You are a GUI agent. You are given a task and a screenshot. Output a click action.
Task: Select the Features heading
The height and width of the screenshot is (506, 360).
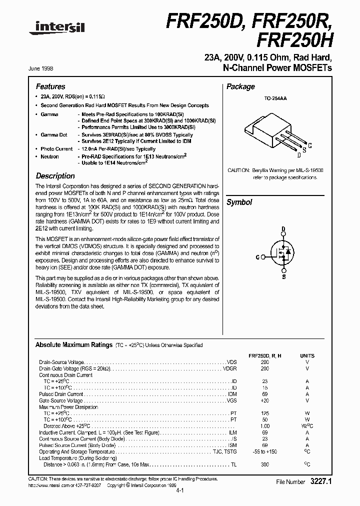[x=50, y=86]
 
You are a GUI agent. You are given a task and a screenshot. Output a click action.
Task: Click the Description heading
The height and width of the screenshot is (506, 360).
[x=55, y=176]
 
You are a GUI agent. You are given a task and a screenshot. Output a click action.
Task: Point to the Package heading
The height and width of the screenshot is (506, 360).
[x=240, y=86]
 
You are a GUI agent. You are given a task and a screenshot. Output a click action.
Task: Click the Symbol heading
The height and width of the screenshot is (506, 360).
[x=239, y=202]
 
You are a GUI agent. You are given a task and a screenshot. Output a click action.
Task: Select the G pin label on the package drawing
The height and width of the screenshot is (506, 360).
[x=310, y=145]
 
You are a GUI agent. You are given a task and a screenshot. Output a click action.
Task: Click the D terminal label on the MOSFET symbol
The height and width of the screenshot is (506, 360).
[x=283, y=230]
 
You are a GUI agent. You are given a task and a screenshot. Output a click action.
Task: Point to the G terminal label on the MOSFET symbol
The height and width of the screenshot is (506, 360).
[x=257, y=257]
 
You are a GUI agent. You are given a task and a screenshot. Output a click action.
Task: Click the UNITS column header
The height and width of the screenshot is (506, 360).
[x=307, y=355]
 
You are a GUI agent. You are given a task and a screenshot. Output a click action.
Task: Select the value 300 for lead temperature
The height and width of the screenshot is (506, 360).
[x=264, y=464]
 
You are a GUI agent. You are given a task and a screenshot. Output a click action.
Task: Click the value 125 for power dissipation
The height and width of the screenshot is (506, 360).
[x=264, y=413]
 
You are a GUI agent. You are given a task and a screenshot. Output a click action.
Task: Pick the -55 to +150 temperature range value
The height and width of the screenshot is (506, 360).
[x=264, y=451]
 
